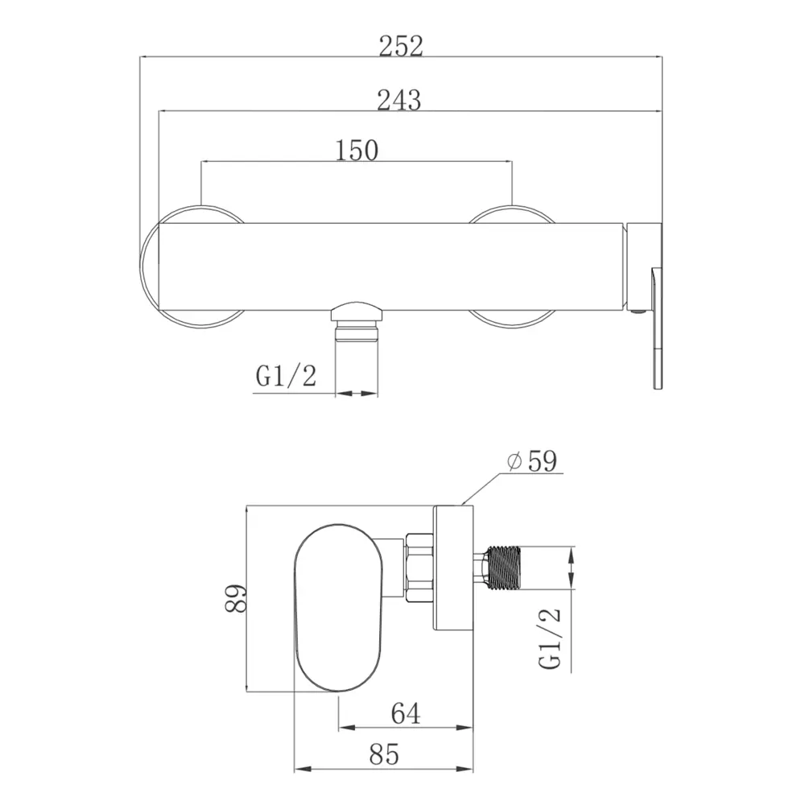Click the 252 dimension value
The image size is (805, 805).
[401, 46]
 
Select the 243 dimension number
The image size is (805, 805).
[399, 100]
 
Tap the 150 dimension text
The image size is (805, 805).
[357, 150]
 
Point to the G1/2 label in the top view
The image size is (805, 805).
[286, 376]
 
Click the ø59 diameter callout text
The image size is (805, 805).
[531, 460]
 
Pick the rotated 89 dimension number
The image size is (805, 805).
[236, 598]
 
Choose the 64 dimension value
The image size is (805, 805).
[406, 713]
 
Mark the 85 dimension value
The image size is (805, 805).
[384, 754]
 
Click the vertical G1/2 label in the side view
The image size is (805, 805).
[550, 638]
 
